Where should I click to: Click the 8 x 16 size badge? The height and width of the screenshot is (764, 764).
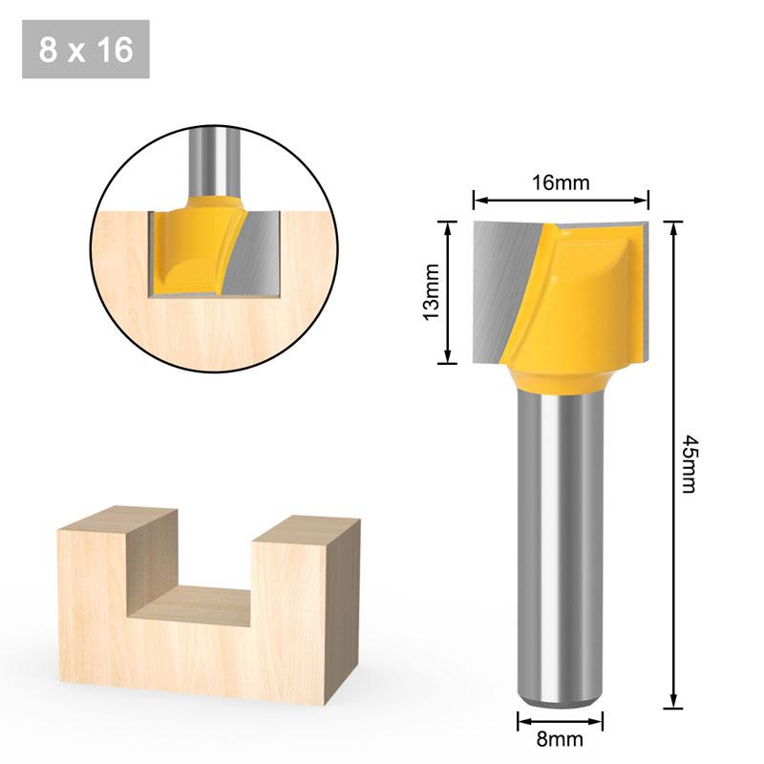tap(85, 50)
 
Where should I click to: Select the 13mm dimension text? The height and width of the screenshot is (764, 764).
tap(431, 290)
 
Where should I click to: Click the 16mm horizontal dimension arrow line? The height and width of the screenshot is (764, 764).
tap(561, 202)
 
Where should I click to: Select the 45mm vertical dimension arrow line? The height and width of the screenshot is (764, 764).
tap(674, 462)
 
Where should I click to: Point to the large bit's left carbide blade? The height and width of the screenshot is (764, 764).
tap(501, 286)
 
